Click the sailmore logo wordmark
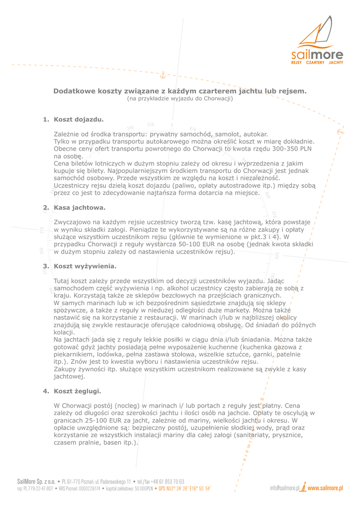317,54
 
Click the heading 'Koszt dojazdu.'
79,119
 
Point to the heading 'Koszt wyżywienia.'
85,266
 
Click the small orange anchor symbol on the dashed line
162,75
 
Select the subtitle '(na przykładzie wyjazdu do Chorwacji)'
180,98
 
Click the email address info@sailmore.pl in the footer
285,488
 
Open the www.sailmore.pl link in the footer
325,488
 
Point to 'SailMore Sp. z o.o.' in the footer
36,482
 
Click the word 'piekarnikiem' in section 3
75,354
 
